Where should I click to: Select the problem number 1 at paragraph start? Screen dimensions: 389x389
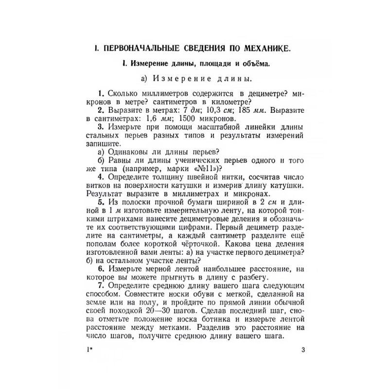[x=100, y=93]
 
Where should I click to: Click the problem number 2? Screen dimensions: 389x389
[x=100, y=110]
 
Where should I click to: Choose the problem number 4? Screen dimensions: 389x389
[x=100, y=177]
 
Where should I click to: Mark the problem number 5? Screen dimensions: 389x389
[x=100, y=202]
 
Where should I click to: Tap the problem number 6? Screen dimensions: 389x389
[x=100, y=268]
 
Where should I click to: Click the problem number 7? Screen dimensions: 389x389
[x=100, y=285]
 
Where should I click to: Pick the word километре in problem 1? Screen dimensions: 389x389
[x=230, y=102]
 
